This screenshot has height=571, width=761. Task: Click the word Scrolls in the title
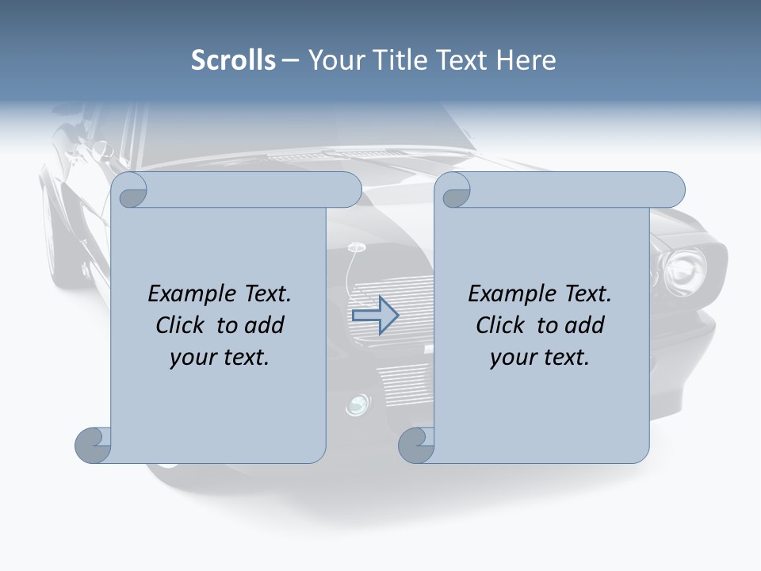click(x=233, y=60)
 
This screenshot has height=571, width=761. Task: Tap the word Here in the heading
click(x=526, y=60)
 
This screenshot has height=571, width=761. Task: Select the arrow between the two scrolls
click(x=375, y=315)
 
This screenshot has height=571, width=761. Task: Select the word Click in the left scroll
click(x=182, y=325)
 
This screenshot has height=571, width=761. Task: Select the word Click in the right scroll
click(x=500, y=325)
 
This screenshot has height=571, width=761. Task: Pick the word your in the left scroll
click(x=191, y=358)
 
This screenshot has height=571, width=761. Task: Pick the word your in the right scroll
click(x=511, y=358)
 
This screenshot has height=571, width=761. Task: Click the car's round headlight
click(x=684, y=267)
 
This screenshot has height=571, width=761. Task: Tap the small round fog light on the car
click(x=356, y=404)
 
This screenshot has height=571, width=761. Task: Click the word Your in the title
click(x=333, y=60)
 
